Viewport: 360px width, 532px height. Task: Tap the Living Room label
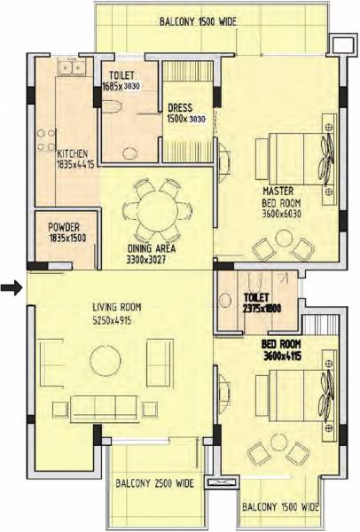pyautogui.click(x=117, y=308)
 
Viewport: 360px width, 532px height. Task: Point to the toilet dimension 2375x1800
pyautogui.click(x=261, y=307)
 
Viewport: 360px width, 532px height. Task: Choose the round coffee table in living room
pyautogui.click(x=106, y=361)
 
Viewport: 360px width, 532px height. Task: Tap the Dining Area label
pyautogui.click(x=150, y=249)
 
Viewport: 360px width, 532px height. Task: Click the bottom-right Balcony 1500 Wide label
pyautogui.click(x=279, y=508)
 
